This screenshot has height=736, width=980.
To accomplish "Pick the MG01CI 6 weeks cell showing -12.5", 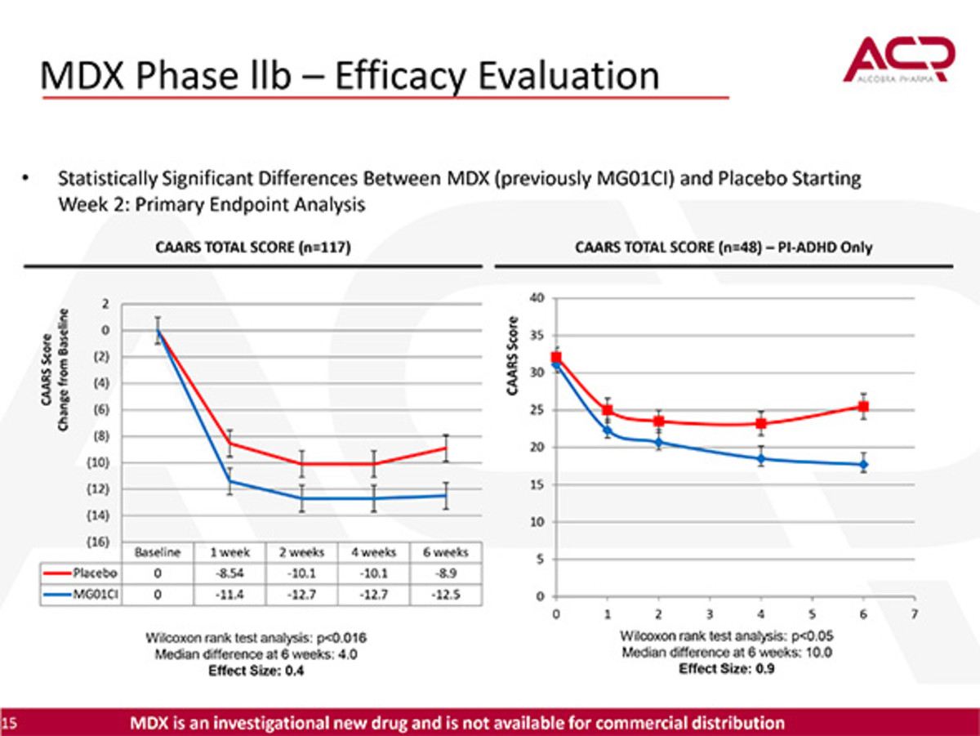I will [440, 594].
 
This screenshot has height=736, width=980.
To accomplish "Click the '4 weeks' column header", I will [374, 552].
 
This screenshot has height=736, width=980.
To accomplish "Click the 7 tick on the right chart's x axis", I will [915, 613].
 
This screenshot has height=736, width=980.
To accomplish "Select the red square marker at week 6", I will [864, 406].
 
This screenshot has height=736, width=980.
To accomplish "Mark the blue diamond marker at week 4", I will [761, 458].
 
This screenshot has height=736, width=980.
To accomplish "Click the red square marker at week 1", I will [608, 410].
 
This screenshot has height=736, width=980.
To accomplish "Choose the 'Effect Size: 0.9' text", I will [727, 669].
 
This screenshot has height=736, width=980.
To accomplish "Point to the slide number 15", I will [9, 723].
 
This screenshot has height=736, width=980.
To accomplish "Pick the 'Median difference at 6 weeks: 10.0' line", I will [727, 653].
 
